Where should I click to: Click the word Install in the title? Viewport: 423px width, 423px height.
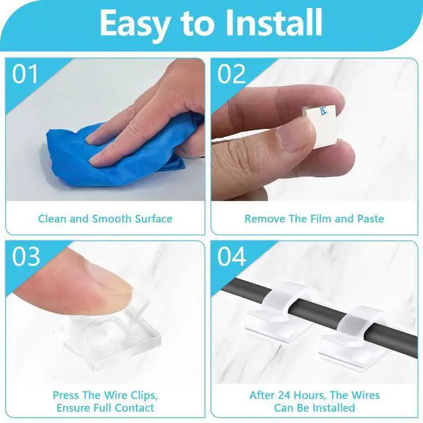(x=274, y=22)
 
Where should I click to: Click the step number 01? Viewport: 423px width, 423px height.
(x=24, y=74)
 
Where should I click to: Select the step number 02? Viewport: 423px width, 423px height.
(x=231, y=74)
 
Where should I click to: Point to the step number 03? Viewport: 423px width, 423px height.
(x=26, y=257)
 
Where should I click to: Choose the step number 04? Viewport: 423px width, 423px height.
(x=232, y=257)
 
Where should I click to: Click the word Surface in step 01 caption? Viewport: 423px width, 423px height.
(x=153, y=219)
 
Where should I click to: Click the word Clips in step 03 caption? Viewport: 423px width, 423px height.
(x=144, y=395)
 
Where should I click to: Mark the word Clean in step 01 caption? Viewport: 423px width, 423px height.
(x=52, y=219)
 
